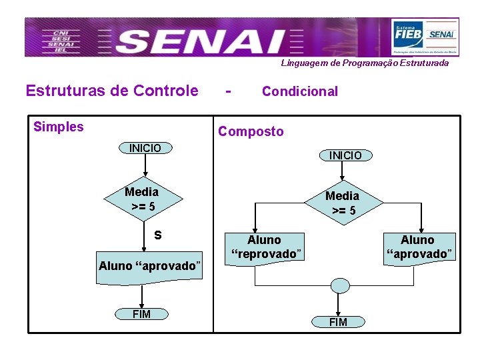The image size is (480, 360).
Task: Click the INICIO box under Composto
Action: pyautogui.click(x=345, y=155)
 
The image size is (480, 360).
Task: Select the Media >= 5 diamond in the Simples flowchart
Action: pyautogui.click(x=142, y=199)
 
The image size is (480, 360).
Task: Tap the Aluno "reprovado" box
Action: pyautogui.click(x=265, y=247)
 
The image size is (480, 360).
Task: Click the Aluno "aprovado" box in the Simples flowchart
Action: pyautogui.click(x=149, y=266)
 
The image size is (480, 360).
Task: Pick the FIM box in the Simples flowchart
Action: pyautogui.click(x=141, y=314)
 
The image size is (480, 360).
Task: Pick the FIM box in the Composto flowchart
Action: pyautogui.click(x=338, y=322)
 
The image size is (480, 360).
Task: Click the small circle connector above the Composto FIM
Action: pyautogui.click(x=340, y=286)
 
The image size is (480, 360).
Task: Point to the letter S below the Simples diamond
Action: pyautogui.click(x=157, y=235)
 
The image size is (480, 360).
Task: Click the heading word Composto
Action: pyautogui.click(x=251, y=131)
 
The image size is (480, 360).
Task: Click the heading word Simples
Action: pyautogui.click(x=59, y=127)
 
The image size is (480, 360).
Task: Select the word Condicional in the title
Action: pyautogui.click(x=300, y=91)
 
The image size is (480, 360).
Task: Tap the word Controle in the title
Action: pyautogui.click(x=166, y=90)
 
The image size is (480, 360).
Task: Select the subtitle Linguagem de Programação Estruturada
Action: pyautogui.click(x=365, y=63)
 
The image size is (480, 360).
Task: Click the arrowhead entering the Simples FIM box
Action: pyautogui.click(x=141, y=305)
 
